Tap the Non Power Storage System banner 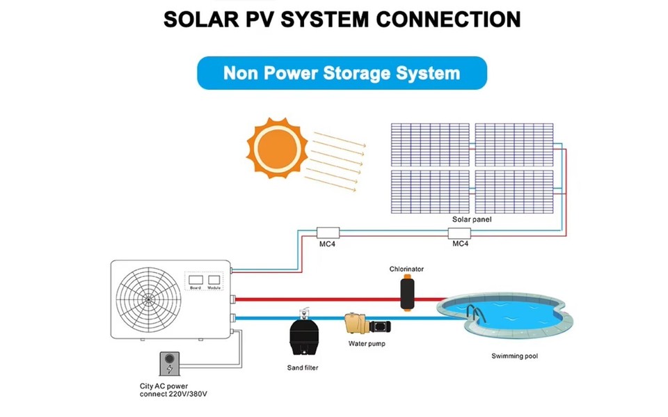[x=342, y=73]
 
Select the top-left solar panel [x=429, y=144]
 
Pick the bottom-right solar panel [x=514, y=191]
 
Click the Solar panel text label [x=471, y=219]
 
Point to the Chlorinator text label [x=406, y=269]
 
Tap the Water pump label [x=367, y=344]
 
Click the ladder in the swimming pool [x=475, y=313]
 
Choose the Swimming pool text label [x=514, y=356]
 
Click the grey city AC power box [x=169, y=365]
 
